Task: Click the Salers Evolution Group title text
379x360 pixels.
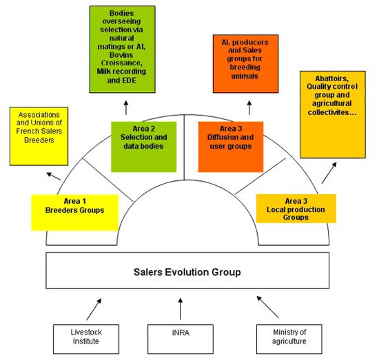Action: [187, 272]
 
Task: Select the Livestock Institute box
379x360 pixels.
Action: [86, 339]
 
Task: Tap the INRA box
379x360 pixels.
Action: [181, 339]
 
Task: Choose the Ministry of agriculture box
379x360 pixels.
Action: [289, 339]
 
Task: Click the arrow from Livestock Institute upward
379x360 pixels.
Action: [94, 309]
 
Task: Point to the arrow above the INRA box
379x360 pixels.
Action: [181, 309]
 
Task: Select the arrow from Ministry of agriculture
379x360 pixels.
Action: [267, 306]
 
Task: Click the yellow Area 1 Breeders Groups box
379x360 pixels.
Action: [75, 213]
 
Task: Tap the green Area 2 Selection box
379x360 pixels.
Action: [144, 147]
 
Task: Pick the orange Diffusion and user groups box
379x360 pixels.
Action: [231, 147]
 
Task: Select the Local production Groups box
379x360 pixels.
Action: [296, 209]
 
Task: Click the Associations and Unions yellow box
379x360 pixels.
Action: [39, 136]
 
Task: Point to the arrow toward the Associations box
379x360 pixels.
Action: [54, 176]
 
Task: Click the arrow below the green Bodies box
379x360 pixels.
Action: [126, 107]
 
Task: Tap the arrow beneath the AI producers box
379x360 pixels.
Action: [249, 107]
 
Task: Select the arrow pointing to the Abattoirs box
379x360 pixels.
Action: [329, 173]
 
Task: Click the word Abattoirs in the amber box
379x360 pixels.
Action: [332, 78]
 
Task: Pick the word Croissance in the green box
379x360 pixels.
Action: [121, 63]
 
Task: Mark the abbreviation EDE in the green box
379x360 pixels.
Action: [130, 80]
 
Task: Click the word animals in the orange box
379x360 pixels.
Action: [245, 76]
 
